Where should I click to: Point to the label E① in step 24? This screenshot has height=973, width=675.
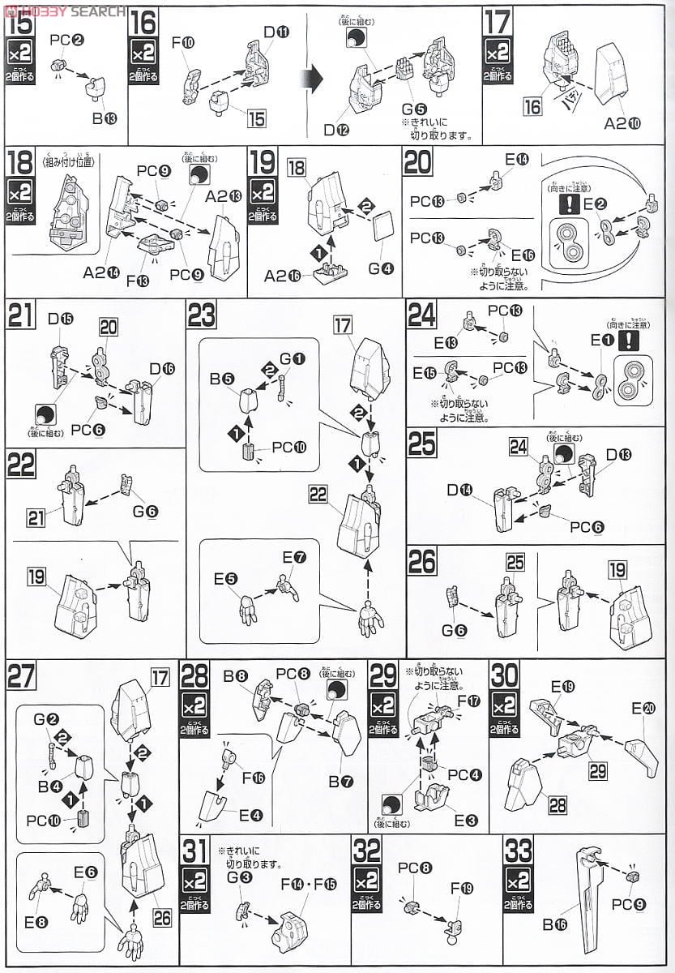pos(601,341)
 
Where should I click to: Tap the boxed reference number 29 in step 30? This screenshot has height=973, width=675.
pos(597,772)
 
